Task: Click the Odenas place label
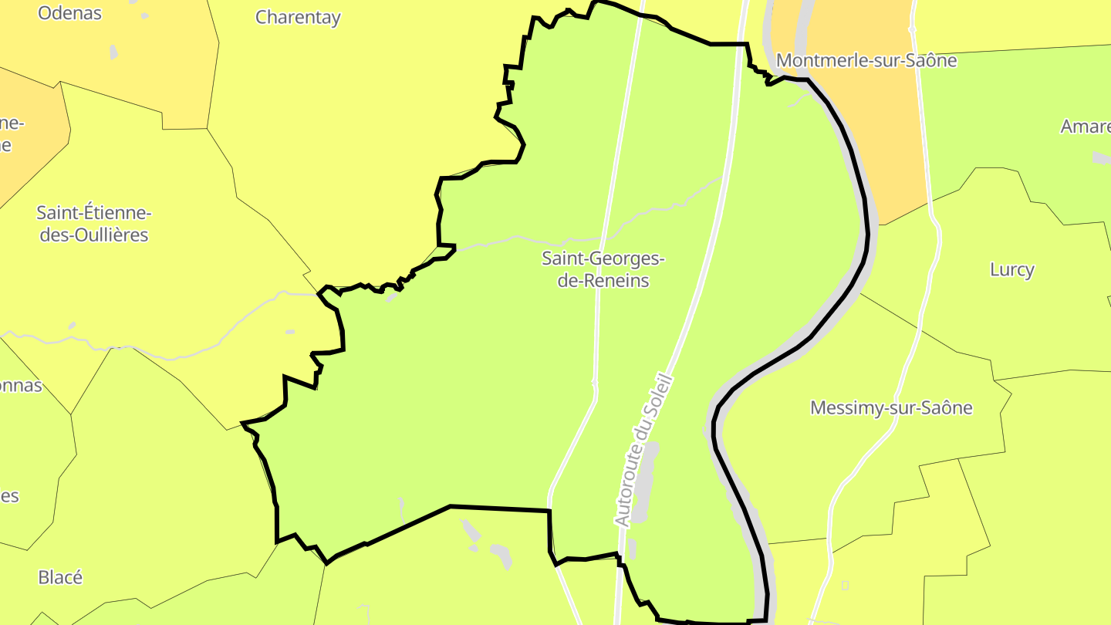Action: pyautogui.click(x=69, y=13)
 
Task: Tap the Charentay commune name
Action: pyautogui.click(x=298, y=17)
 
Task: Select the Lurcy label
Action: pyautogui.click(x=1011, y=269)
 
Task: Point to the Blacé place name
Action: pyautogui.click(x=60, y=577)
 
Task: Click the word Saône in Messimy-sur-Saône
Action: pyautogui.click(x=947, y=407)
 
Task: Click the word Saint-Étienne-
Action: pyautogui.click(x=94, y=212)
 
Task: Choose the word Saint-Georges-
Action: pyautogui.click(x=603, y=258)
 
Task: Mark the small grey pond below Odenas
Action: pyautogui.click(x=114, y=52)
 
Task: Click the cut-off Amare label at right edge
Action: pyautogui.click(x=1086, y=127)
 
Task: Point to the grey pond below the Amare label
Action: pyautogui.click(x=1102, y=157)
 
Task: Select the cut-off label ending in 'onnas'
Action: pyautogui.click(x=21, y=385)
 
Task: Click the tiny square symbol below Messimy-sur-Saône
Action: pyautogui.click(x=845, y=585)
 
